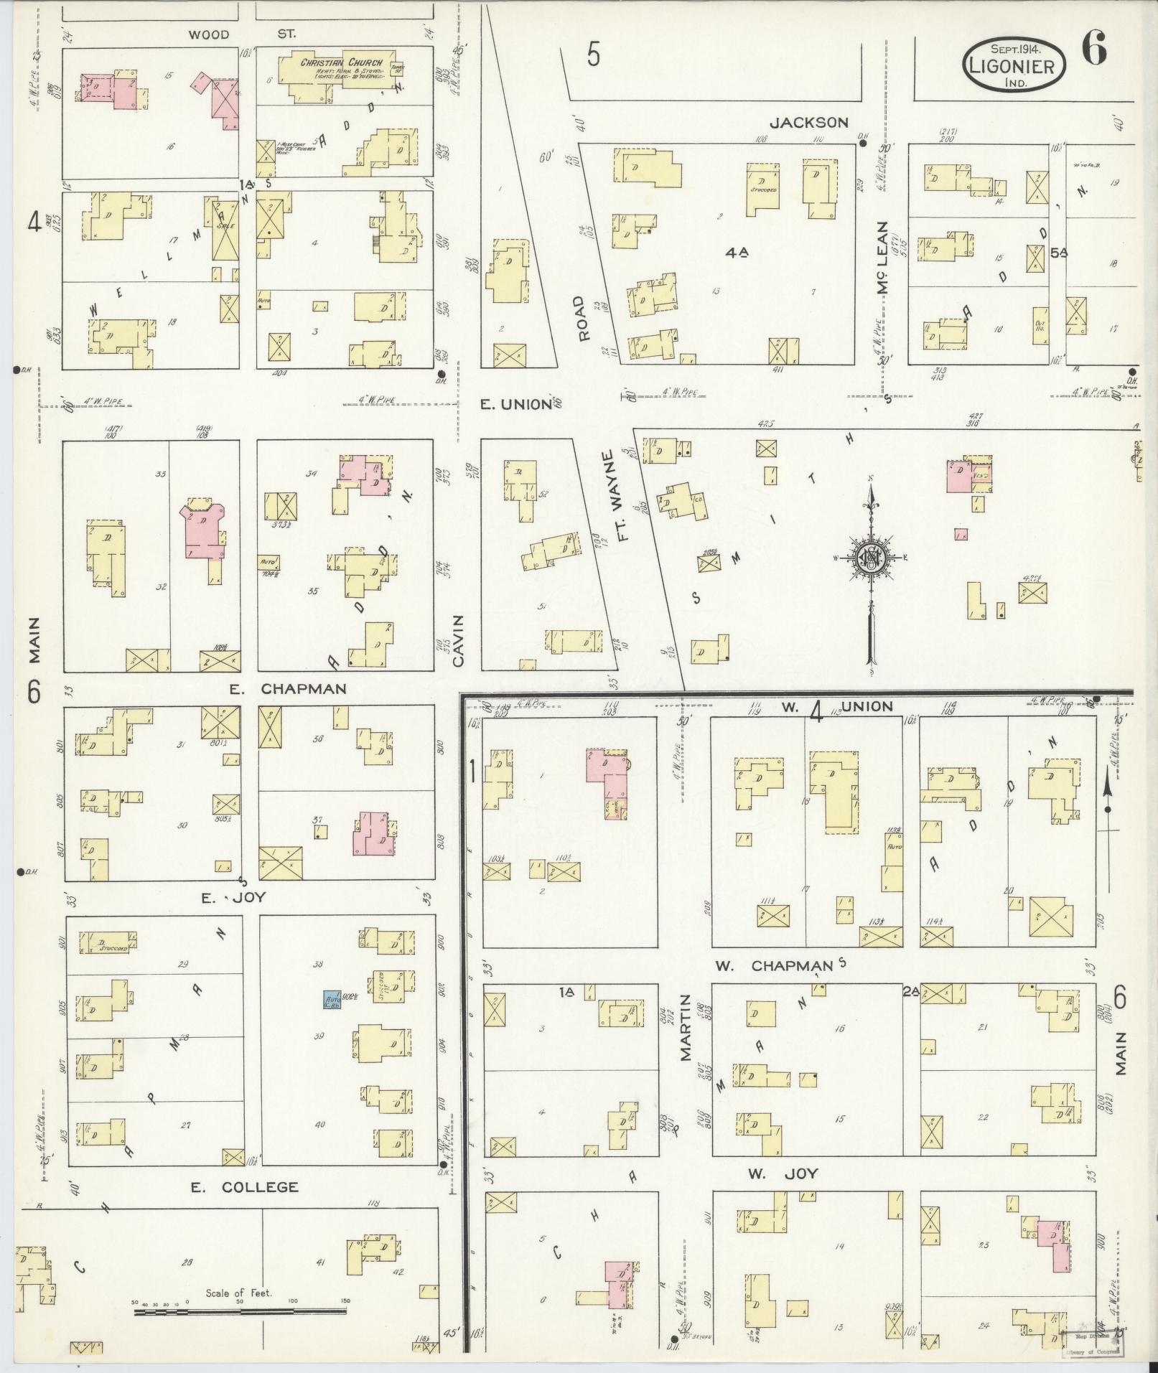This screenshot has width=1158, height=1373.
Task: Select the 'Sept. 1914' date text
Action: [1016, 49]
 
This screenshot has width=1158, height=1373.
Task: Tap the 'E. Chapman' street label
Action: [287, 689]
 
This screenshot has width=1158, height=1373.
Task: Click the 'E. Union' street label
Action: [517, 404]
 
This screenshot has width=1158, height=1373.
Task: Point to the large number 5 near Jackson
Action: [592, 55]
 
